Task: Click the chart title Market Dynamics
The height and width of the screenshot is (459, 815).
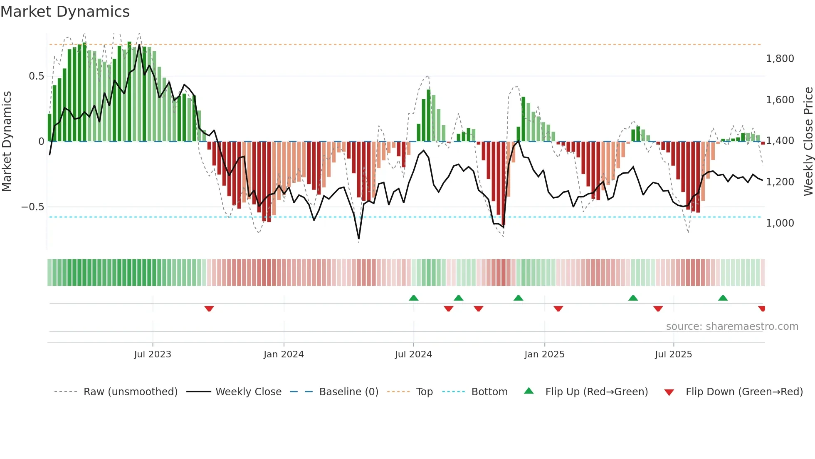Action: click(65, 12)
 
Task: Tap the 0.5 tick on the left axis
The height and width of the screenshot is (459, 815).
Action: click(36, 76)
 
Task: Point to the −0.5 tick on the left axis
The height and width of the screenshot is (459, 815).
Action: click(32, 207)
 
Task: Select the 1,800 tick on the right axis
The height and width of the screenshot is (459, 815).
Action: click(780, 59)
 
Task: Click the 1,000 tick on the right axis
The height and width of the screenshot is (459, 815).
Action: click(780, 223)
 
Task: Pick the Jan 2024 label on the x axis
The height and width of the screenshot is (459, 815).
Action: click(284, 354)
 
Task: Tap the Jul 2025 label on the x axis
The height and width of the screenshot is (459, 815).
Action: click(673, 354)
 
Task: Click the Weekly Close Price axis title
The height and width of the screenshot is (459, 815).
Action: click(808, 141)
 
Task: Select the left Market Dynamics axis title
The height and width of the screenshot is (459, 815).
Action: click(7, 141)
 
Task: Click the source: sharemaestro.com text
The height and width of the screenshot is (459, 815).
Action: click(732, 327)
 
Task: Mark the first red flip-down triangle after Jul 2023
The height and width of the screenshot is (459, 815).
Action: click(209, 309)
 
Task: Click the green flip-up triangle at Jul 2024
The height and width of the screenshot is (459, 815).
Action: click(413, 298)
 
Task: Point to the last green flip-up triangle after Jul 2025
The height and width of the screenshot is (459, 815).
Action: click(723, 298)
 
